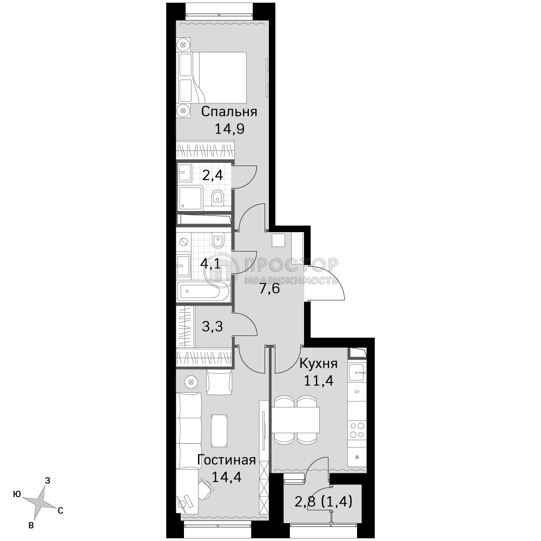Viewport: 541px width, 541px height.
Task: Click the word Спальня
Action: [229, 112]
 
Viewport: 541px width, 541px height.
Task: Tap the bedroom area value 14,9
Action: [229, 129]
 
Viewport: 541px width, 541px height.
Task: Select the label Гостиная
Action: [226, 460]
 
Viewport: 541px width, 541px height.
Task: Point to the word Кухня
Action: [318, 364]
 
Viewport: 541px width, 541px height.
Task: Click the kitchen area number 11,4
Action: [319, 380]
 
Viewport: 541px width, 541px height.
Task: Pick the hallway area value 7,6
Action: [269, 288]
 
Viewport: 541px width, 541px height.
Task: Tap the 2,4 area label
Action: [213, 176]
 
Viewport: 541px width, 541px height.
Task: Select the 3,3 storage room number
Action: [212, 326]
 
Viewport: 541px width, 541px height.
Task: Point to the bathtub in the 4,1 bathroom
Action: [202, 291]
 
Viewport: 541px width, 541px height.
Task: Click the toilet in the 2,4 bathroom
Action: [217, 197]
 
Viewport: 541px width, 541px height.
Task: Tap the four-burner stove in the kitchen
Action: [357, 430]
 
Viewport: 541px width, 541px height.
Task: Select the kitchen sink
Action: [357, 373]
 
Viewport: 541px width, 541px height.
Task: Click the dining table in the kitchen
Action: [295, 420]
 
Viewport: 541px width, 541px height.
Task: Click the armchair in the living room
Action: [219, 382]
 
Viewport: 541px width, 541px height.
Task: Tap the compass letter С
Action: [61, 511]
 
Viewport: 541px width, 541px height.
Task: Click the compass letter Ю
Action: [17, 494]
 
